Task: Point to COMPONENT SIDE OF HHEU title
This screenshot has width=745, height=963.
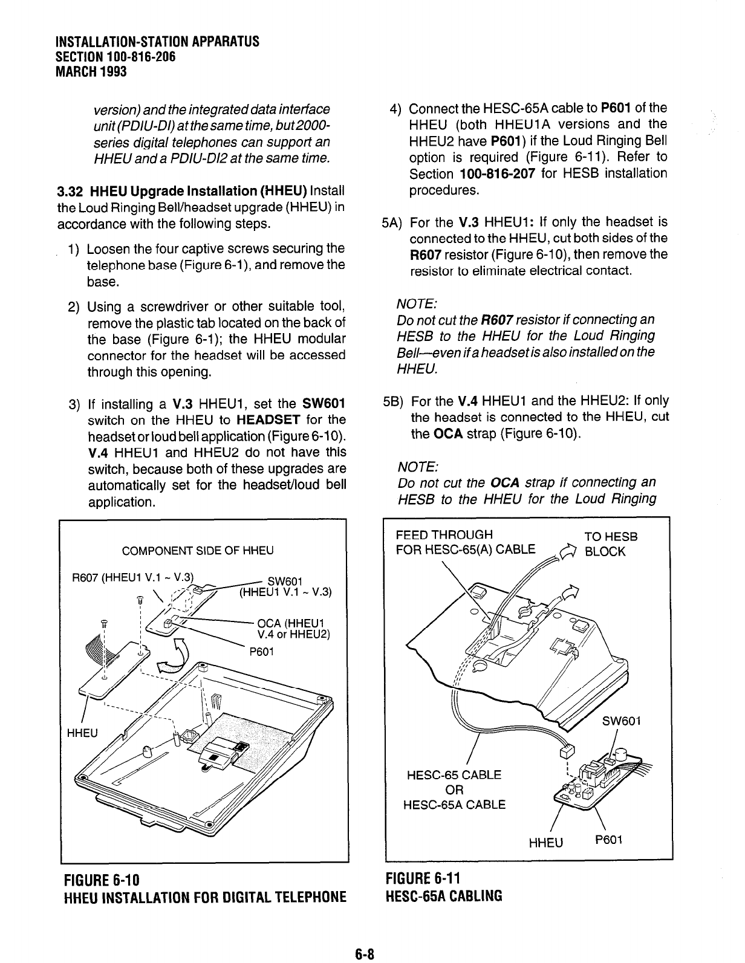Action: (198, 551)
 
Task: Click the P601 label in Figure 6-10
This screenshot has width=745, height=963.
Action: (262, 651)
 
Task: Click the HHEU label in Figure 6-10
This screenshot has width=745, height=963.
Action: (82, 733)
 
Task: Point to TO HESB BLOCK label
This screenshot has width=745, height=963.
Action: (611, 544)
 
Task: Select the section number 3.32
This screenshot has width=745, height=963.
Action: (70, 192)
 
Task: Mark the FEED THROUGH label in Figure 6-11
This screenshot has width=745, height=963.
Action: (444, 535)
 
